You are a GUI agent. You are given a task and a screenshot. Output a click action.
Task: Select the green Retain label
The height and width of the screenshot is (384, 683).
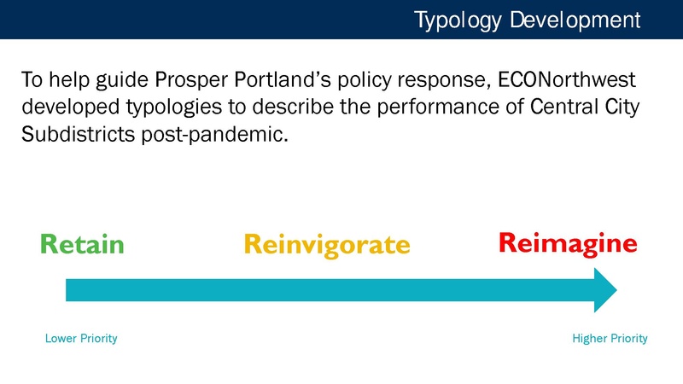(83, 245)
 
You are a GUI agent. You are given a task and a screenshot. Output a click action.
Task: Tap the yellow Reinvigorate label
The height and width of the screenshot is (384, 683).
(326, 245)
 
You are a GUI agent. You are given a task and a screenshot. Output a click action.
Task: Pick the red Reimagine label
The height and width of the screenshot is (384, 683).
(567, 243)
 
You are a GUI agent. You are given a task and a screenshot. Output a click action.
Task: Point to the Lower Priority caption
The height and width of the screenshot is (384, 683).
(80, 339)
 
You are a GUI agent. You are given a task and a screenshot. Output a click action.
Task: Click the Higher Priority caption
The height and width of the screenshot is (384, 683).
(610, 339)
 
